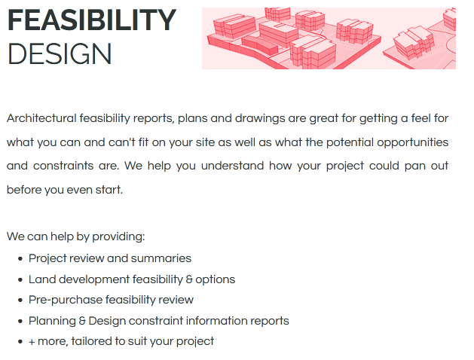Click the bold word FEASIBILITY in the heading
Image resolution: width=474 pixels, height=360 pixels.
pyautogui.click(x=92, y=20)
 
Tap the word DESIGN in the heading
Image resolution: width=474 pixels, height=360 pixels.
pyautogui.click(x=60, y=53)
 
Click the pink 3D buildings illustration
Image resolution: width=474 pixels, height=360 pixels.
pyautogui.click(x=329, y=38)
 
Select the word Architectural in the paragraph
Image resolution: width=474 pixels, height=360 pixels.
pyautogui.click(x=41, y=118)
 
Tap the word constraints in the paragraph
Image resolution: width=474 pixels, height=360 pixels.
pyautogui.click(x=63, y=166)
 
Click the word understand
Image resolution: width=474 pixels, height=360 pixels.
pyautogui.click(x=232, y=166)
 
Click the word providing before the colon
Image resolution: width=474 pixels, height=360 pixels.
pyautogui.click(x=118, y=236)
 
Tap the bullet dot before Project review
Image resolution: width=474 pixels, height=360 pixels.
pyautogui.click(x=20, y=259)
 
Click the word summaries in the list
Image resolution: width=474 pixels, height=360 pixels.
pyautogui.click(x=161, y=258)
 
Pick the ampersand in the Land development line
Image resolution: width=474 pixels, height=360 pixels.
pyautogui.click(x=189, y=279)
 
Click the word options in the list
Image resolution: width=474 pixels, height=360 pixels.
pyautogui.click(x=216, y=280)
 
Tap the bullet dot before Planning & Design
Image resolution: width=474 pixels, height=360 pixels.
pyautogui.click(x=20, y=321)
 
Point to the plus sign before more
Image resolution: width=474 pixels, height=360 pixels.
pyautogui.click(x=32, y=342)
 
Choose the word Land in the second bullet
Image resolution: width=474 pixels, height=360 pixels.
pyautogui.click(x=42, y=279)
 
